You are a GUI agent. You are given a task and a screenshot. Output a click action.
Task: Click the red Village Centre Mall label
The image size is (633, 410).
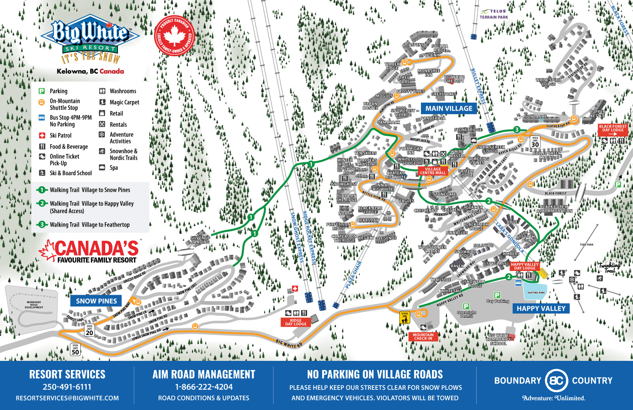click(x=432, y=171)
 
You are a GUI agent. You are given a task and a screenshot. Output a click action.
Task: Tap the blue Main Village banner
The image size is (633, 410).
click(x=449, y=108)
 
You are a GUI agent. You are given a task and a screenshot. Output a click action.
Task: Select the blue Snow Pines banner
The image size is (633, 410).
click(x=96, y=301)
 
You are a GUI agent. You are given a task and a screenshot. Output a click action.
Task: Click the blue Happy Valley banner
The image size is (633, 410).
click(x=541, y=308)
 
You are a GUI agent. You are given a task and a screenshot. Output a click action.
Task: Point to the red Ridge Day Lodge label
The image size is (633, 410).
click(x=296, y=322)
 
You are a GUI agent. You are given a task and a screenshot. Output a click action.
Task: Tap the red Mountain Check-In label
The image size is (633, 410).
click(x=423, y=337)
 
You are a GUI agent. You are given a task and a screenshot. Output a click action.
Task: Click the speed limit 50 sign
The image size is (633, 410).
click(x=75, y=350)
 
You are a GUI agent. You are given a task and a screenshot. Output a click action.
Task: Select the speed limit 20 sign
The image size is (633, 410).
click(x=89, y=330)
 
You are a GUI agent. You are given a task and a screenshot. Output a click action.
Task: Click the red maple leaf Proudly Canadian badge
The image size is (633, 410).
click(x=174, y=36)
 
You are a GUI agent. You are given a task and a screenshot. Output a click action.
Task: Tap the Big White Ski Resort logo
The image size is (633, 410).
click(x=91, y=39)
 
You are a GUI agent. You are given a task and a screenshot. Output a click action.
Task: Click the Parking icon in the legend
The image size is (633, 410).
click(x=42, y=91)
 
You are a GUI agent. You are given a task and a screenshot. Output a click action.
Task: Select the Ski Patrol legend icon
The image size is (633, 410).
click(x=42, y=135)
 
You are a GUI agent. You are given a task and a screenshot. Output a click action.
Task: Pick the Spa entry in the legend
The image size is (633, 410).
click(x=102, y=168)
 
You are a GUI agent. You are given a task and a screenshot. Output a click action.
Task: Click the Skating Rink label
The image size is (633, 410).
click(x=536, y=293)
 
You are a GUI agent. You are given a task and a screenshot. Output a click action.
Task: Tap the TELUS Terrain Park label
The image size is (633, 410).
click(x=494, y=15)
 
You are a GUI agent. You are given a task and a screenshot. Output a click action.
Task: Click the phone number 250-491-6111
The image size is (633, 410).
click(x=67, y=387)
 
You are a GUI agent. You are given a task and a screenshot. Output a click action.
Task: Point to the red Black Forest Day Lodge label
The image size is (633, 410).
click(x=612, y=130)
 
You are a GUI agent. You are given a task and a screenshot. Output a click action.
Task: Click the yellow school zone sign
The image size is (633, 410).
click(x=404, y=318)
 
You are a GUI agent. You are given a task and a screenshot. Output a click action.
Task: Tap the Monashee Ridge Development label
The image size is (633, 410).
click(x=34, y=305)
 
